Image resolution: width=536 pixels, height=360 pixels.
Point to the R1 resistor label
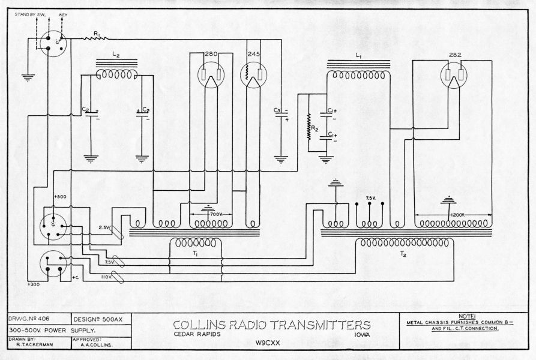pyautogui.click(x=97, y=32)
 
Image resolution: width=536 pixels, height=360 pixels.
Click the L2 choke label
pyautogui.click(x=116, y=55)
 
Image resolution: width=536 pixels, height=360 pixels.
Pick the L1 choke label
pyautogui.click(x=358, y=55)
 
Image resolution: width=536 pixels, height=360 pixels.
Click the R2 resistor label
pyautogui.click(x=315, y=128)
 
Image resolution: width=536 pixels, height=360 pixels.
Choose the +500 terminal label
pyautogui.click(x=61, y=196)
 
